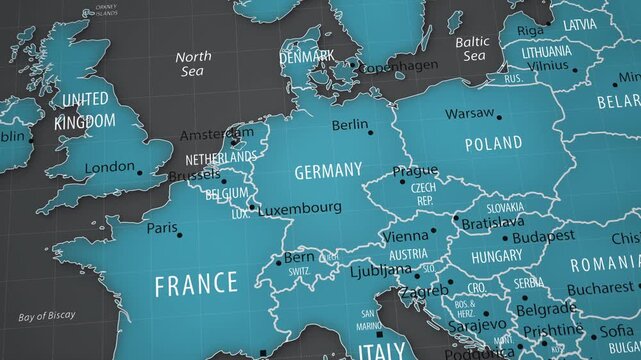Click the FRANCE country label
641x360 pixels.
tap(196, 283)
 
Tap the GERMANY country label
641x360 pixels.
tap(328, 171)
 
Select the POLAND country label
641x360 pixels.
tap(493, 144)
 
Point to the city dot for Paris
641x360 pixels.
tap(179, 235)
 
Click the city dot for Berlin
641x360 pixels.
tap(370, 132)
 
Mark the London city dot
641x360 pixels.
tap(140, 173)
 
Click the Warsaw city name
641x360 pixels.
tap(469, 113)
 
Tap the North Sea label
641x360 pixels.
tap(193, 64)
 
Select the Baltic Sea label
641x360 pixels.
tap(472, 49)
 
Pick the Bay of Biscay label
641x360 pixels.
tap(46, 316)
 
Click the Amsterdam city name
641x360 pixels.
tap(216, 135)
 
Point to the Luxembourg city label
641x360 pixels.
tap(300, 208)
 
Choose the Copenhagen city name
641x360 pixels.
tap(399, 66)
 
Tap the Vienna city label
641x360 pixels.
tap(404, 237)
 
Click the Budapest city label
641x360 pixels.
tap(545, 236)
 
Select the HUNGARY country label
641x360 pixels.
tap(497, 256)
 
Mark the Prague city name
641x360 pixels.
tap(415, 171)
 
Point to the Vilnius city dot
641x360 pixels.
tap(575, 71)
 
